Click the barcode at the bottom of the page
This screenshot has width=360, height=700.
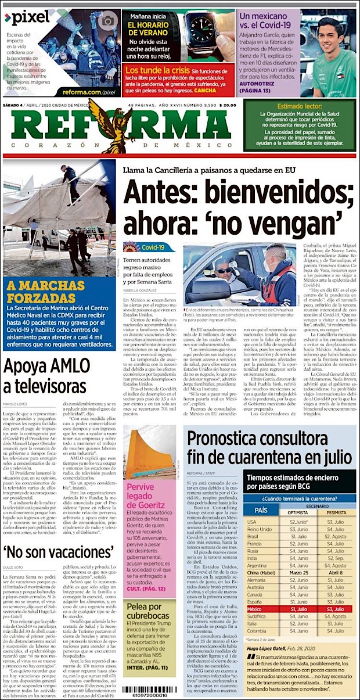click(145, 689)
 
